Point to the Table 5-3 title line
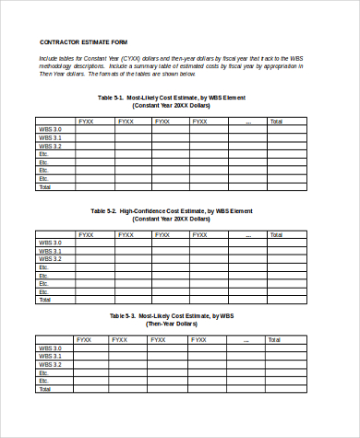coord(172,315)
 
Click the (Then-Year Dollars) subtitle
coord(172,324)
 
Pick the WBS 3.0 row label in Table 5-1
coord(51,129)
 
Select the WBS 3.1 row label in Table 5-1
coord(51,137)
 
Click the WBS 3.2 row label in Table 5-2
coord(51,259)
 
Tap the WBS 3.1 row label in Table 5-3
coord(51,355)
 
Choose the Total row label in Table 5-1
coord(44,186)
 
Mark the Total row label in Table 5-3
coord(44,388)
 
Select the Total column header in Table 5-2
coord(276,234)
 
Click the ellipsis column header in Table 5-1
coord(247,121)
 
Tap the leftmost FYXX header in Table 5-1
coord(86,121)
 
